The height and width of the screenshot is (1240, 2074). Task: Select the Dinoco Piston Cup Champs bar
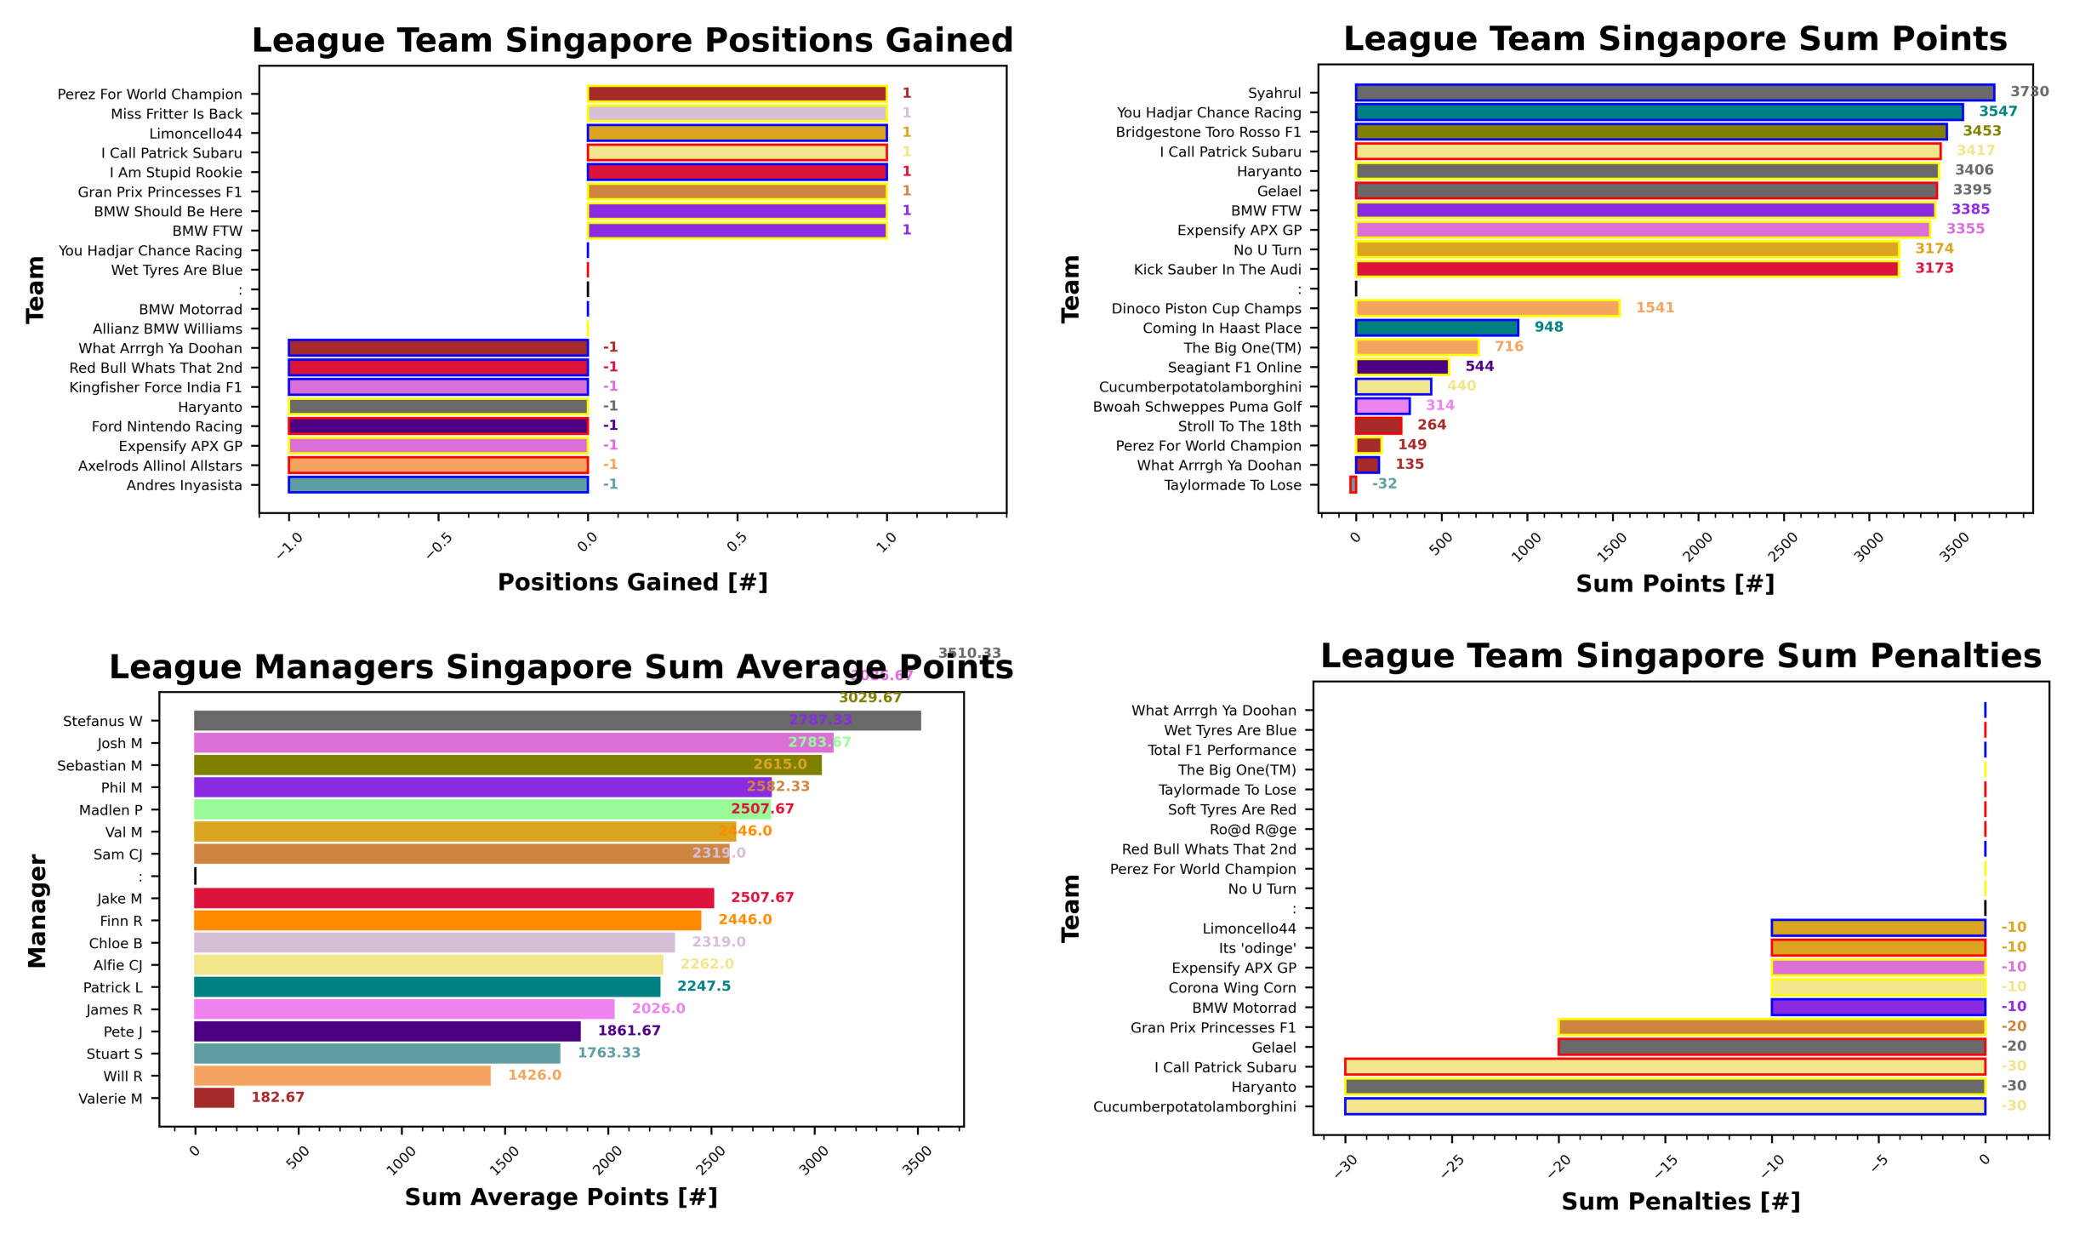(x=1486, y=308)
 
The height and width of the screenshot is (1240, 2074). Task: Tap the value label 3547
(x=1997, y=111)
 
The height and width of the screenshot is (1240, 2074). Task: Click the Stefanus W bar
(x=556, y=721)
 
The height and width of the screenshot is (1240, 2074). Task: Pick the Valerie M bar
(x=214, y=1098)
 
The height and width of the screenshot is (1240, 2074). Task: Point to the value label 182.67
(x=277, y=1097)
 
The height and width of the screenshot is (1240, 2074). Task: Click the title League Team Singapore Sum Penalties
(x=1679, y=656)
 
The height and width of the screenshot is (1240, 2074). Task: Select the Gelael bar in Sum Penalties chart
(x=1770, y=1047)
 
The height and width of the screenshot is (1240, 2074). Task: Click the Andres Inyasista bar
(x=437, y=485)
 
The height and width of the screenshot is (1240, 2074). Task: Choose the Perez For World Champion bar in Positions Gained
(x=737, y=94)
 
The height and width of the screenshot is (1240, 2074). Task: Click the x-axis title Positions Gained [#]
(x=632, y=582)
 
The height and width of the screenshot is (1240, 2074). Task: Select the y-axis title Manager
(x=37, y=911)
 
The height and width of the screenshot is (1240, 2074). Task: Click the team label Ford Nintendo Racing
(x=167, y=426)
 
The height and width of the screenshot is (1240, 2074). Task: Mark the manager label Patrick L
(x=112, y=987)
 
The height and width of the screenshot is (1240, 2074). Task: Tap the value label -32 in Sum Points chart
(x=1384, y=483)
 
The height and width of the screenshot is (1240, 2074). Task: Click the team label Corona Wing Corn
(x=1231, y=987)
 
